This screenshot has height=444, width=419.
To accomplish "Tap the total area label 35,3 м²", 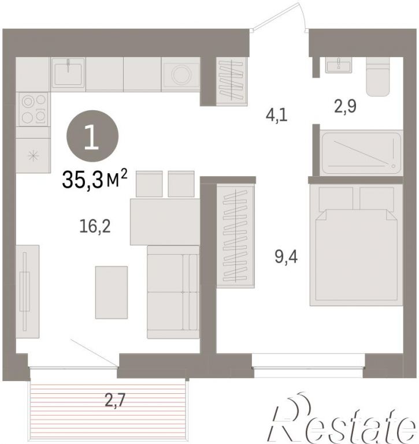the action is coord(95,179).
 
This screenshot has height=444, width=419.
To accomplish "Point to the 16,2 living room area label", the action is coord(95,226).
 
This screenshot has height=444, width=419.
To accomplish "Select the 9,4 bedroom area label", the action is coord(286,257).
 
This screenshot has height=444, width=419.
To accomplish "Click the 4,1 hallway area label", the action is coord(276,115).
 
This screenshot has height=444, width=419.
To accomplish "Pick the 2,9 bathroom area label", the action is coord(345,107).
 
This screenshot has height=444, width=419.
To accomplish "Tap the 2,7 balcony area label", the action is coord(115,400).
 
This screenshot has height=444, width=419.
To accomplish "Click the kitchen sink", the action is coord(68,74).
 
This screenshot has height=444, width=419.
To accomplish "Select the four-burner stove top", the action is coord(33,109).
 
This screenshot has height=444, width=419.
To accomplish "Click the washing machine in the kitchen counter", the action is coord(180,74).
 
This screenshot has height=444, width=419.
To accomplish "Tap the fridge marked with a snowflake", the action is coord(33,155).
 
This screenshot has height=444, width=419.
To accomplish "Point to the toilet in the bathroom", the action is coord(377,76).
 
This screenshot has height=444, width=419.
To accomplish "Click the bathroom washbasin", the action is coord(339,65).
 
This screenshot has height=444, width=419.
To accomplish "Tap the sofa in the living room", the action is coord(173,292).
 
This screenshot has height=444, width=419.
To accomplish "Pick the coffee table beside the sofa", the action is coord(112,293).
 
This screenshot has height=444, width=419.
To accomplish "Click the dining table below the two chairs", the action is coord(165,222).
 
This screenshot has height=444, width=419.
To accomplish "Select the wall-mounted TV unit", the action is coord(28,292).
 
